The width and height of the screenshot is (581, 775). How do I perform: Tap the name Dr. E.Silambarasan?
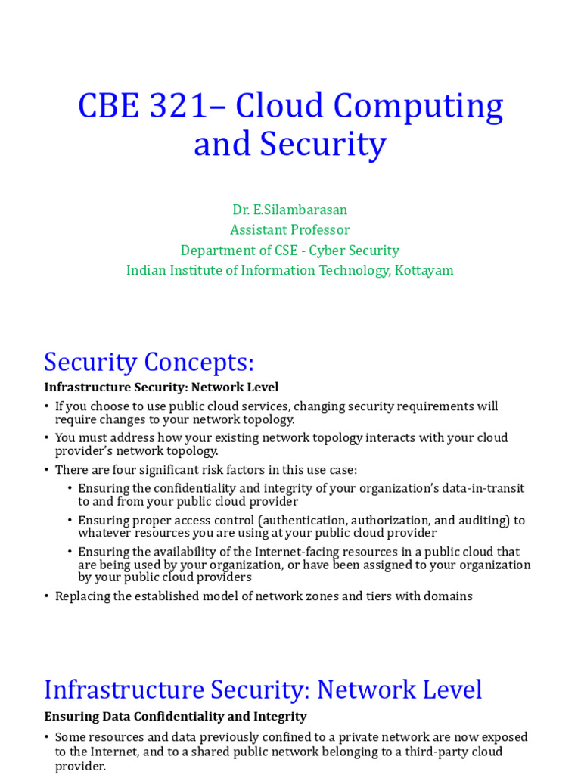[x=290, y=209]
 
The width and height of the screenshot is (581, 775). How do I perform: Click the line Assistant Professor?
[x=290, y=229]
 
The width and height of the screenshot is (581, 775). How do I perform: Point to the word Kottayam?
[x=423, y=270]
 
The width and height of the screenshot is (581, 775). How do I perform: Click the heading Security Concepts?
[x=149, y=363]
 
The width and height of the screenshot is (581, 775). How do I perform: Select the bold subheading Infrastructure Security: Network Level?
[x=161, y=387]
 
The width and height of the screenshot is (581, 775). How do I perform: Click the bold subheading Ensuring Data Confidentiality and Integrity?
[x=176, y=716]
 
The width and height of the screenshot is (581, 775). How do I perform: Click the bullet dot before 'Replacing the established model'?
[x=47, y=596]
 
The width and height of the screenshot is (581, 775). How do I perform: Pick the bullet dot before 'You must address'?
[x=47, y=437]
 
